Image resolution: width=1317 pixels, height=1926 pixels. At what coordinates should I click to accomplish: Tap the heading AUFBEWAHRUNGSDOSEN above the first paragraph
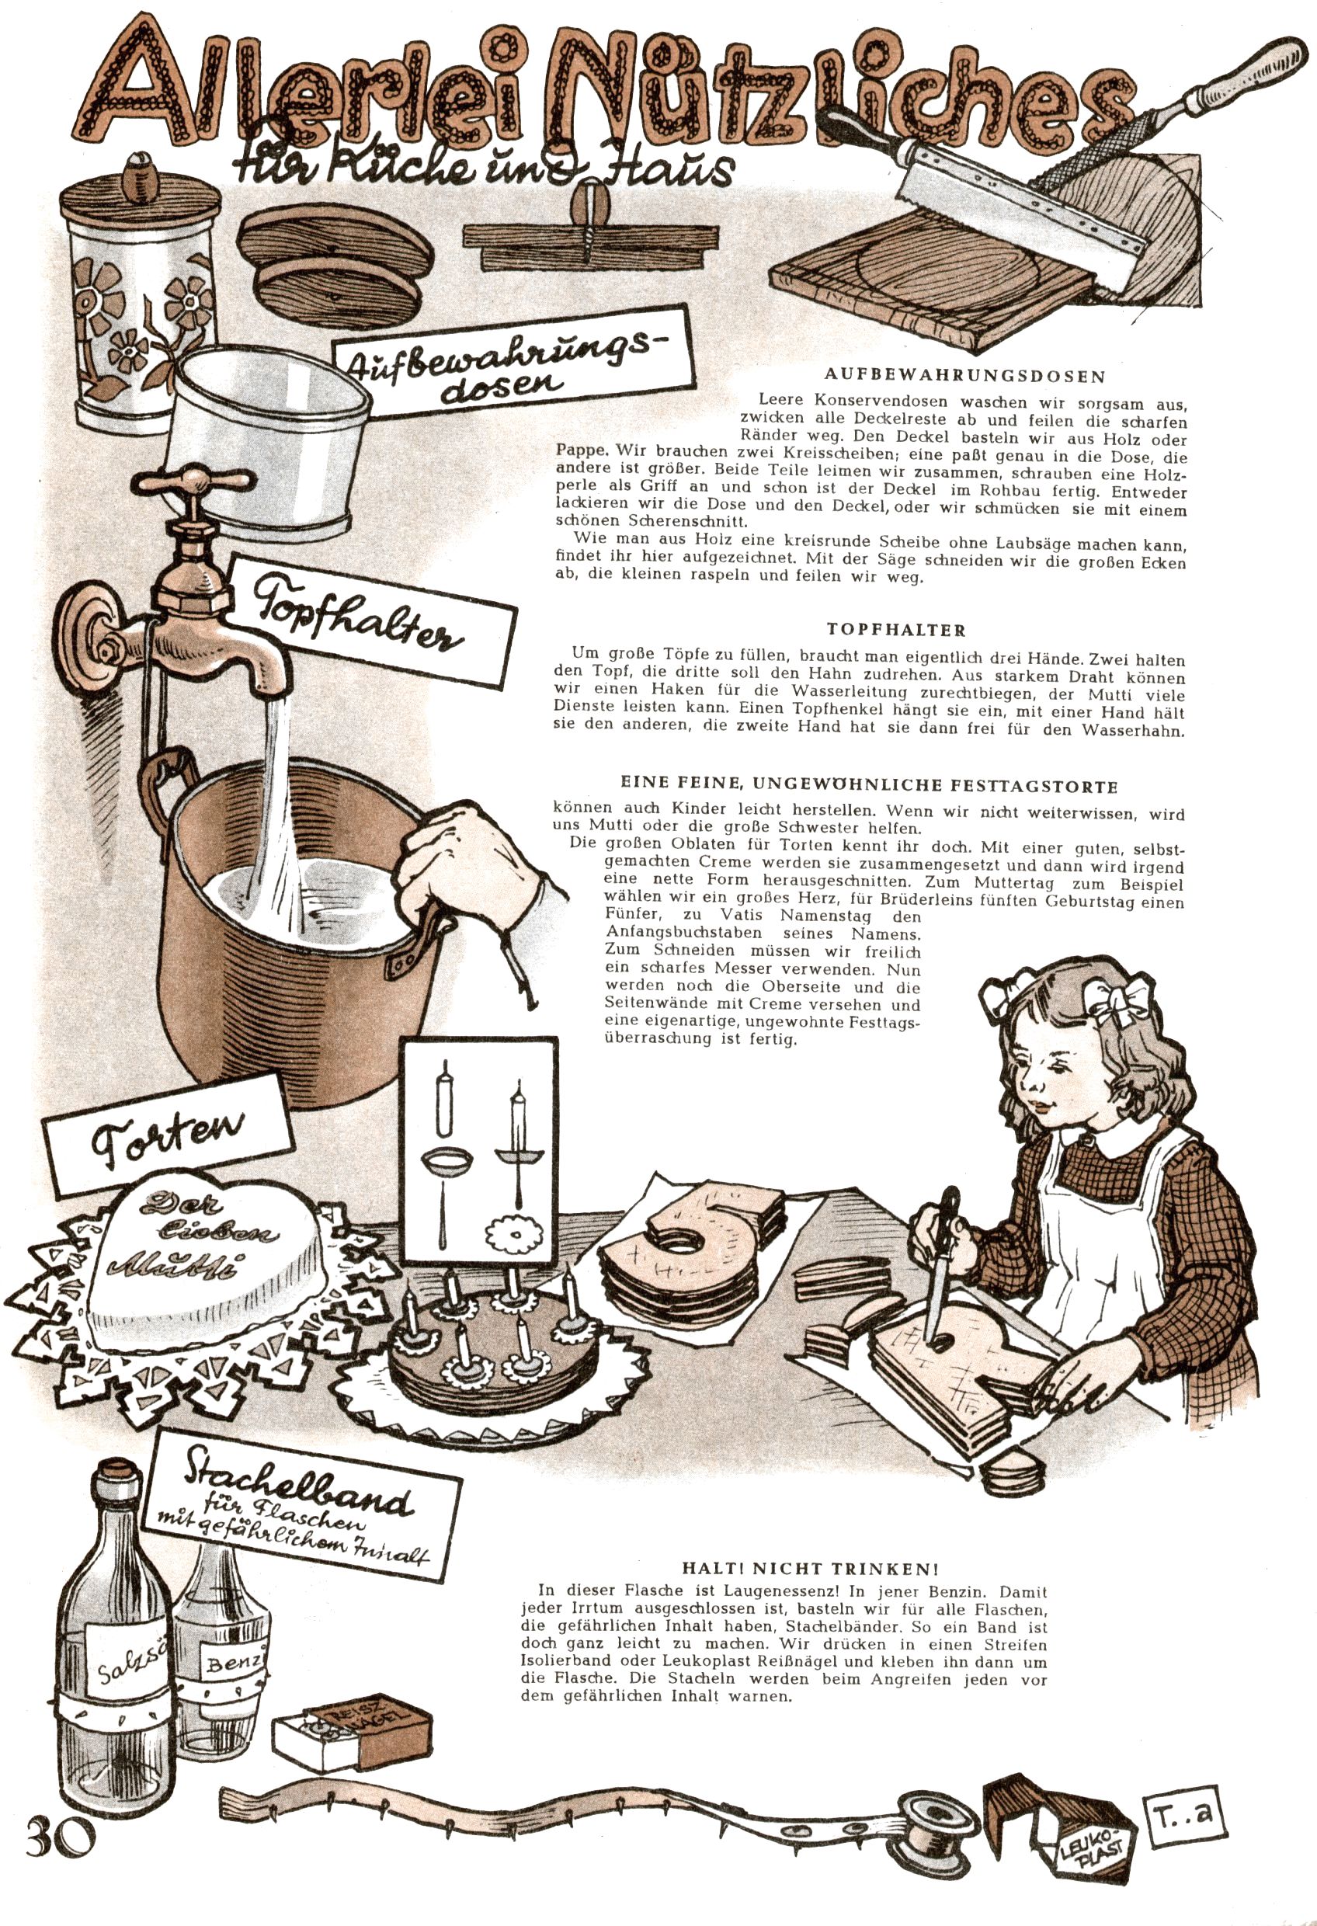point(965,375)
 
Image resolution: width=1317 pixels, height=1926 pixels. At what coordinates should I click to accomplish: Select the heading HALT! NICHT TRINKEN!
point(810,1568)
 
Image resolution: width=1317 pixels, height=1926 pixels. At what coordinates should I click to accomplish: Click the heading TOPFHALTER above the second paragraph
point(896,630)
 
